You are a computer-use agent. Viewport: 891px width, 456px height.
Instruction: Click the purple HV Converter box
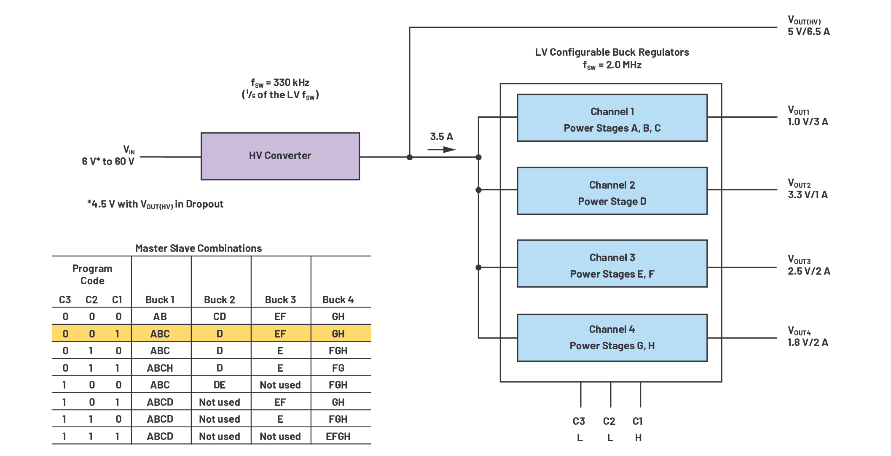coord(280,156)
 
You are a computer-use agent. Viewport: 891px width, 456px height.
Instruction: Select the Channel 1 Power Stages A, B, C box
coord(612,118)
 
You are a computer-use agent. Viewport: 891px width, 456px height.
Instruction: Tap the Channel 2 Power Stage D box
coord(612,191)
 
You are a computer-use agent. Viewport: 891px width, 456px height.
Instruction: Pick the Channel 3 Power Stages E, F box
coord(612,264)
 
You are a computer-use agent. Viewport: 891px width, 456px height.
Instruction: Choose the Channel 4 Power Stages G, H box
coord(612,337)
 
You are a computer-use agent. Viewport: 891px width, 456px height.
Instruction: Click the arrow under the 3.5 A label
coord(441,149)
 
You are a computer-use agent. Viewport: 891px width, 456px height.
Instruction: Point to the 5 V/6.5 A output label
coord(808,32)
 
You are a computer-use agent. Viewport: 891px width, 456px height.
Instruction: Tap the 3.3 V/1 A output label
coord(807,195)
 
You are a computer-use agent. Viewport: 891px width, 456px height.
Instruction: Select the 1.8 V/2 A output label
coord(807,343)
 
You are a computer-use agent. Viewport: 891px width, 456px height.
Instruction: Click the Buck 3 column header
coord(280,300)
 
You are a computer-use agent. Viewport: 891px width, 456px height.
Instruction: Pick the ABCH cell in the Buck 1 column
coord(160,368)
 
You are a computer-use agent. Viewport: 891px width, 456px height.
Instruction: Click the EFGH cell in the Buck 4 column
coord(338,437)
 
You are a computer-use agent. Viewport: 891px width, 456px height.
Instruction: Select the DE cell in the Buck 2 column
coord(220,385)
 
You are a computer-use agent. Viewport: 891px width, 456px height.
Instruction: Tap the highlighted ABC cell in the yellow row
coord(160,334)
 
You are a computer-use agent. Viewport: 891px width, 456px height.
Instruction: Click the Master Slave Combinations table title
coord(198,248)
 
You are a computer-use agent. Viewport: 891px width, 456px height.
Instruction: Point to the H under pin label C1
coord(638,438)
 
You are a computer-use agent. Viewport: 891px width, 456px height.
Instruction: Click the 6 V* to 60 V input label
coord(108,162)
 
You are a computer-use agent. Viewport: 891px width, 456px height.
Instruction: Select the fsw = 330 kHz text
coord(280,83)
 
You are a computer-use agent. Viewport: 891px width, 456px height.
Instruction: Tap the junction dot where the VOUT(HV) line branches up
coord(409,157)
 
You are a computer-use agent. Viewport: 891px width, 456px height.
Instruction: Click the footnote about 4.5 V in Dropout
coord(155,205)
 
